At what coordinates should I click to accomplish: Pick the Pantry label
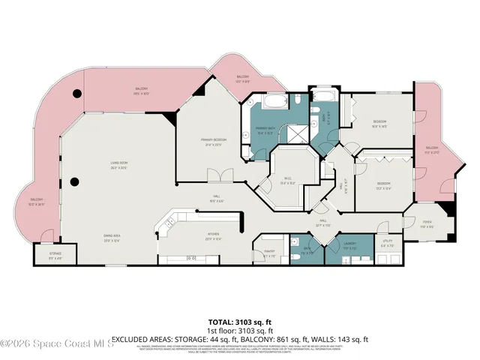pyautogui.click(x=270, y=253)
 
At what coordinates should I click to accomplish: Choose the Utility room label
pyautogui.click(x=387, y=242)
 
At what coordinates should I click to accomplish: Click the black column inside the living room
pyautogui.click(x=73, y=181)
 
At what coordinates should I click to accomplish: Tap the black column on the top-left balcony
pyautogui.click(x=77, y=94)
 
